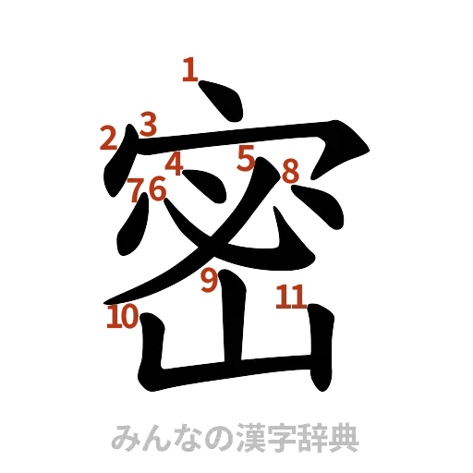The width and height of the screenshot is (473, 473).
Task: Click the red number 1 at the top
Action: click(189, 70)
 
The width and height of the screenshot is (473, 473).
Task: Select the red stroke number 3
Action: click(149, 123)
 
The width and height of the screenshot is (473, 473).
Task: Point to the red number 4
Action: click(174, 164)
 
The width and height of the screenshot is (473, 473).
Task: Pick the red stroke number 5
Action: click(245, 157)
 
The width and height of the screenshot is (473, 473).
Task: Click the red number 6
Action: click(156, 188)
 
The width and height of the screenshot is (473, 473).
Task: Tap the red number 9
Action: click(210, 279)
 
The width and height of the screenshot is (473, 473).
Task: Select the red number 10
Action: click(122, 318)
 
